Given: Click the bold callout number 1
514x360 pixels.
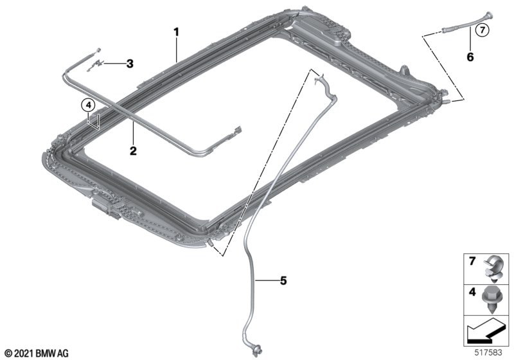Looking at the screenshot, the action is tap(176, 32).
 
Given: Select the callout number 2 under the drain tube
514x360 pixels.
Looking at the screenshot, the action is tap(133, 151).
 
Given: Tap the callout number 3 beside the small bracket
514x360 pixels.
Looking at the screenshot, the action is tap(130, 64).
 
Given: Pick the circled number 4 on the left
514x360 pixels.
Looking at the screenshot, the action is tap(88, 105).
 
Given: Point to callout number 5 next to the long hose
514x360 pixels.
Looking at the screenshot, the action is tap(283, 281).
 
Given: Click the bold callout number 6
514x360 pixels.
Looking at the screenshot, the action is tap(470, 57).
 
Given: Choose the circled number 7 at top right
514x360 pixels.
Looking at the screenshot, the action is tap(482, 30).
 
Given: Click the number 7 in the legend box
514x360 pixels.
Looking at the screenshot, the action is tap(472, 261).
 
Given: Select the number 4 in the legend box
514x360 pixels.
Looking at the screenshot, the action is tap(472, 291).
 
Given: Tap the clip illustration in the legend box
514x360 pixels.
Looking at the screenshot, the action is tap(493, 269).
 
